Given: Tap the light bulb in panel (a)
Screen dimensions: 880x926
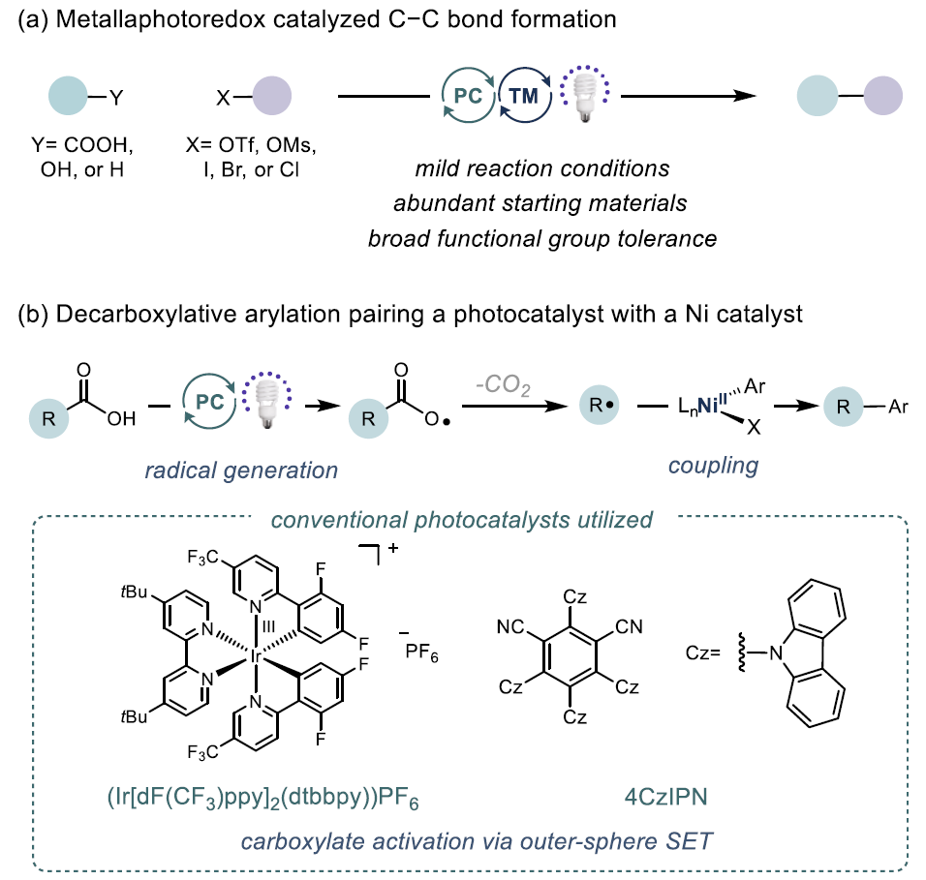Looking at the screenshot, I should click(584, 98).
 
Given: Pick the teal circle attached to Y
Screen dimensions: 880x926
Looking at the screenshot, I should click(70, 97).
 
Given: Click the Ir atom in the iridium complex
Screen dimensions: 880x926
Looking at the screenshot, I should click(256, 657).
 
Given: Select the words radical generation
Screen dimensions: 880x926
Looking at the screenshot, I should click(240, 470).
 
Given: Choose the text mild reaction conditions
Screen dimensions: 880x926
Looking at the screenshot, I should click(542, 168).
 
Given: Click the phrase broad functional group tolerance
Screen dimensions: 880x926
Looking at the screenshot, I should click(542, 237).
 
